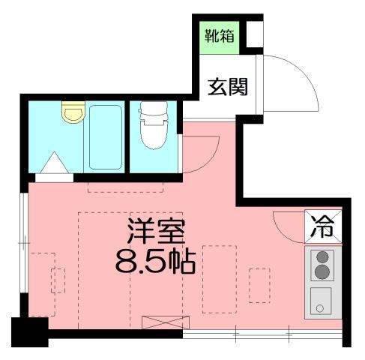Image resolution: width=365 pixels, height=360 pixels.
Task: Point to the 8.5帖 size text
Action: pos(155,261)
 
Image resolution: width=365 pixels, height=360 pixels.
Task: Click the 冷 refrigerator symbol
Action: pos(323,226)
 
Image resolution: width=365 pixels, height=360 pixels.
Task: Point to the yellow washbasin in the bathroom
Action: pos(71,113)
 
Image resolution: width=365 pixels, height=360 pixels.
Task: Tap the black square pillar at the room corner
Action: pos(30,331)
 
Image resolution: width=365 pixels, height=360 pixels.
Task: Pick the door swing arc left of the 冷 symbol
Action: pos(288,224)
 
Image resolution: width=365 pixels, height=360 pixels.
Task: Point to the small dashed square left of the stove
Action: pos(260,286)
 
